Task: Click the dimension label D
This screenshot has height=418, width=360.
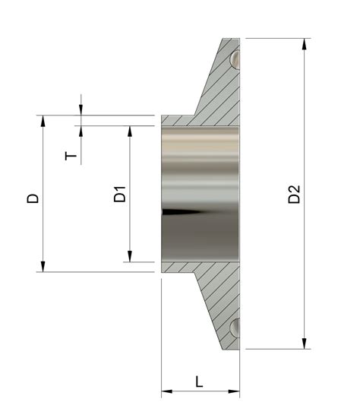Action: pyautogui.click(x=33, y=198)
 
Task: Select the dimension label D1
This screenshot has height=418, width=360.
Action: pyautogui.click(x=119, y=194)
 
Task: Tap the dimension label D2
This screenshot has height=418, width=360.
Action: pyautogui.click(x=295, y=194)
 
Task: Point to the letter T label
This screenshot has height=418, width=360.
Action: pyautogui.click(x=71, y=156)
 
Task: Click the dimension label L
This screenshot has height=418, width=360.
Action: pyautogui.click(x=200, y=381)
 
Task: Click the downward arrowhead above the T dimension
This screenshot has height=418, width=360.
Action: pyautogui.click(x=81, y=110)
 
